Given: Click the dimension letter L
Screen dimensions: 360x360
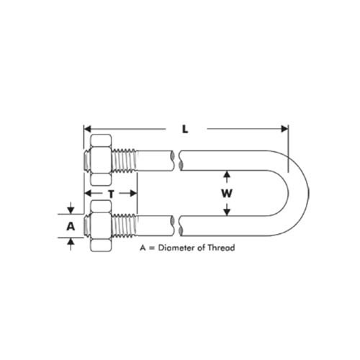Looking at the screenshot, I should pyautogui.click(x=185, y=130).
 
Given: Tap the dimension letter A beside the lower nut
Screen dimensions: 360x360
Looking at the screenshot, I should pyautogui.click(x=70, y=225).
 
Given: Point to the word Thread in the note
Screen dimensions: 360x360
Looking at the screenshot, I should pyautogui.click(x=222, y=247).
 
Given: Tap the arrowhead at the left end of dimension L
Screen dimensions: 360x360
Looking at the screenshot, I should pyautogui.click(x=89, y=129).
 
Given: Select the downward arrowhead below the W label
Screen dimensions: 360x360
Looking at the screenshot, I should pyautogui.click(x=227, y=211).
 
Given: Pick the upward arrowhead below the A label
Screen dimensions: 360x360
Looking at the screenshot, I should pyautogui.click(x=70, y=241).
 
